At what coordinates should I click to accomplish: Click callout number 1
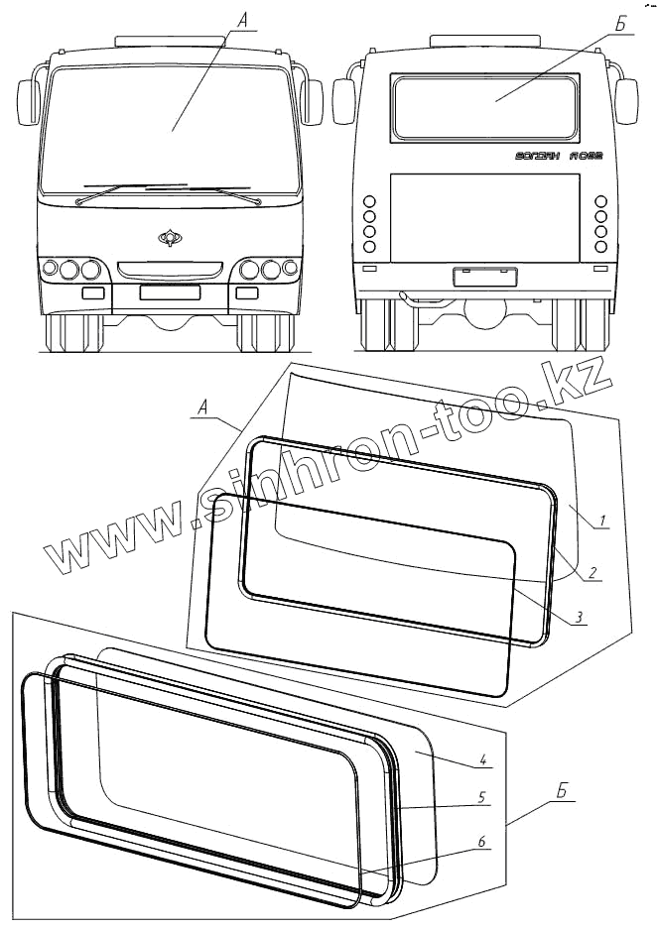tap(601, 519)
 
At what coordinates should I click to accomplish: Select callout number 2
tap(591, 572)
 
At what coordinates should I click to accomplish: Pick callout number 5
tap(480, 796)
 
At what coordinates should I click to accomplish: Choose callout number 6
tap(480, 842)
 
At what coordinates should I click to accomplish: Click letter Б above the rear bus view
tap(618, 22)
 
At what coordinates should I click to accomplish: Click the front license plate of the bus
tap(170, 292)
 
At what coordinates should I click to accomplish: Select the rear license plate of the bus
tap(486, 277)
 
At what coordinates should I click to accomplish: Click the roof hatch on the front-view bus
tap(170, 40)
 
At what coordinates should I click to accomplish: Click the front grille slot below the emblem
tap(170, 269)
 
